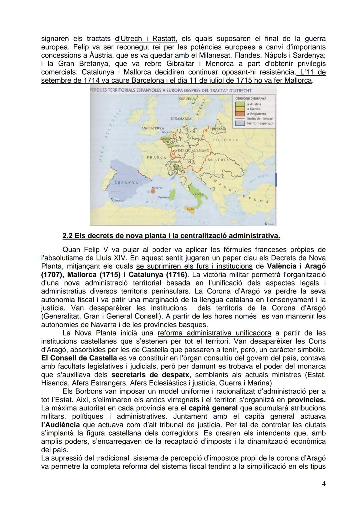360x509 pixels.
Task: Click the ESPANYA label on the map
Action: pos(126,183)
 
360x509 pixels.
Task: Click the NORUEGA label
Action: pos(186,99)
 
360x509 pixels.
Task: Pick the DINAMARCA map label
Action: pos(181,118)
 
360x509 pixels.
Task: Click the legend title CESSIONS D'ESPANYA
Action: pos(251,99)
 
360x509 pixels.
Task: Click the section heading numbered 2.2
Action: pos(171,236)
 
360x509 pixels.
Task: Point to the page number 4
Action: pos(324,484)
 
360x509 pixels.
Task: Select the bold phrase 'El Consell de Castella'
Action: pos(79,358)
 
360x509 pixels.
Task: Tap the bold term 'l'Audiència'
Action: pos(60,425)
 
